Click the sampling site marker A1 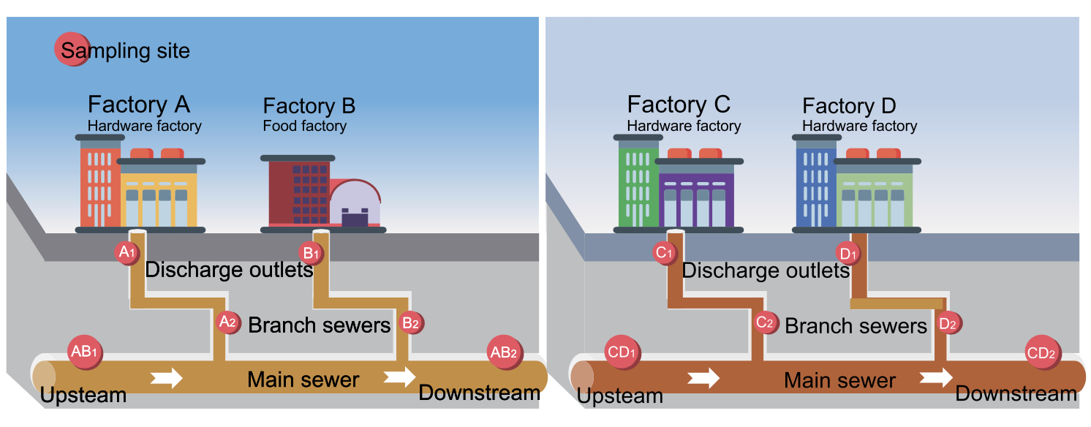[127, 253]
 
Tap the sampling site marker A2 [228, 321]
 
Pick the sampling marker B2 [411, 322]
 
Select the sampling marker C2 [766, 322]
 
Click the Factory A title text [138, 105]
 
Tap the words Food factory [304, 126]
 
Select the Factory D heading [849, 106]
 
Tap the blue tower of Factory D [815, 186]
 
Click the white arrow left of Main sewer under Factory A [167, 378]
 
